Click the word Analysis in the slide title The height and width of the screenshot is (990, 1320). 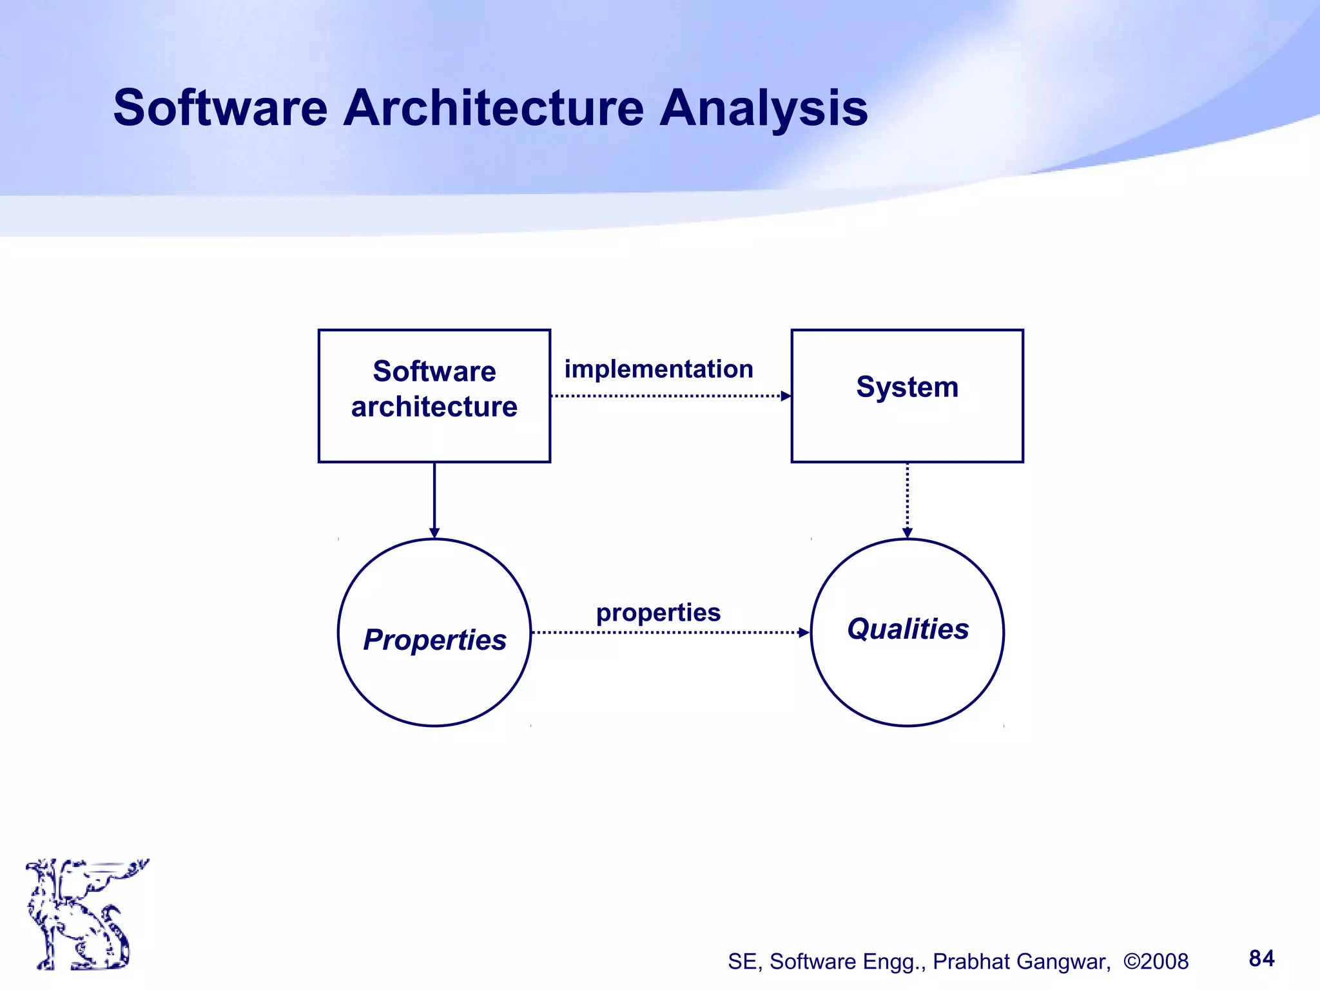[764, 108]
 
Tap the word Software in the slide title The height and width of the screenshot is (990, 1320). [220, 108]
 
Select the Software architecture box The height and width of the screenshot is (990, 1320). [434, 395]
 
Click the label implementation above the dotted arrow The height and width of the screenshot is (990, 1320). [659, 369]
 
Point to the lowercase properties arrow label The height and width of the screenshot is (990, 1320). [658, 612]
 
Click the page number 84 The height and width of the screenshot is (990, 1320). [1261, 958]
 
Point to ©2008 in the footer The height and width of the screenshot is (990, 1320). [1156, 962]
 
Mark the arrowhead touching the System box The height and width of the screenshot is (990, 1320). [786, 396]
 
